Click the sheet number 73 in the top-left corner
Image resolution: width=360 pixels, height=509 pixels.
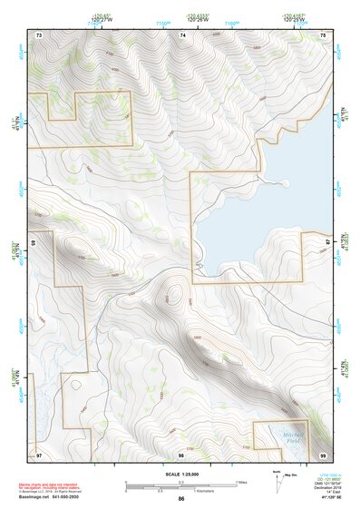coord(39,34)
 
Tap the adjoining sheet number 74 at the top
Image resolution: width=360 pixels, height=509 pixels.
coord(182,34)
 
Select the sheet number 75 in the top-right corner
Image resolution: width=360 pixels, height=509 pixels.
coord(323,34)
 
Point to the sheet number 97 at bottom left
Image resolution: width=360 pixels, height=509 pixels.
coord(39,454)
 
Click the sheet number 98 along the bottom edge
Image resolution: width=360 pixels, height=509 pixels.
coord(181,454)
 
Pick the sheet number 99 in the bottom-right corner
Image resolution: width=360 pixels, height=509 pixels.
coord(323,454)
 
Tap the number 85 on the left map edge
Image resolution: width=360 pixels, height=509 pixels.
coord(34,243)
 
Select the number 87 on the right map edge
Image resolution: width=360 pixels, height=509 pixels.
coord(328,240)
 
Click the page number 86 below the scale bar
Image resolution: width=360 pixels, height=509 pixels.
coord(181,499)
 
